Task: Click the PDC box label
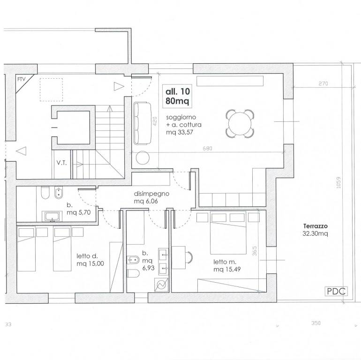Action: (336, 291)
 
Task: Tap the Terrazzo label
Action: (315, 226)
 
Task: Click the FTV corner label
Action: (22, 79)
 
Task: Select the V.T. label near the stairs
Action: (61, 163)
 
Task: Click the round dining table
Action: (240, 124)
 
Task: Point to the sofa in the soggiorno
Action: (142, 123)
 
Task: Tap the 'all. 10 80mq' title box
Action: (177, 96)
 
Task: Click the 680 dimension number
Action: (207, 149)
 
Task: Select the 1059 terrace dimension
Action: (338, 182)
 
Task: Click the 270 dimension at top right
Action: (323, 83)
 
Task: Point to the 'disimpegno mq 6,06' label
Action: (151, 197)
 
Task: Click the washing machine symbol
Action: (162, 285)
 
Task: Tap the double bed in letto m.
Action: (228, 233)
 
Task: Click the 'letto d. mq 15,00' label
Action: (90, 260)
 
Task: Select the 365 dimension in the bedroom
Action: (255, 251)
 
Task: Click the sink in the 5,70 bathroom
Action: (52, 217)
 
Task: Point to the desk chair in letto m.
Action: (189, 257)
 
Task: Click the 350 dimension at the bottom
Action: (316, 323)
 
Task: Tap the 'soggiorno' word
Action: (181, 117)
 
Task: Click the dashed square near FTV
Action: (51, 90)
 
